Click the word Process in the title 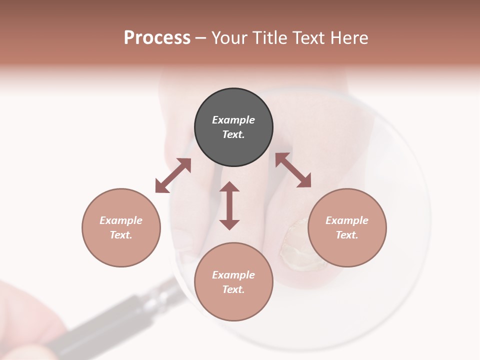pos(157,38)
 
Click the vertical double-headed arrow pos(229,205)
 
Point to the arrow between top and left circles pos(173,175)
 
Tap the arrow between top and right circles pos(293,170)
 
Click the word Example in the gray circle pos(233,120)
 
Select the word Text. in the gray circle pos(233,134)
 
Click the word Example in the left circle pos(121,220)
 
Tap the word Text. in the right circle pos(347,235)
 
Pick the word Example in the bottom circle pos(233,275)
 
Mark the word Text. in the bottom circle pos(233,289)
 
